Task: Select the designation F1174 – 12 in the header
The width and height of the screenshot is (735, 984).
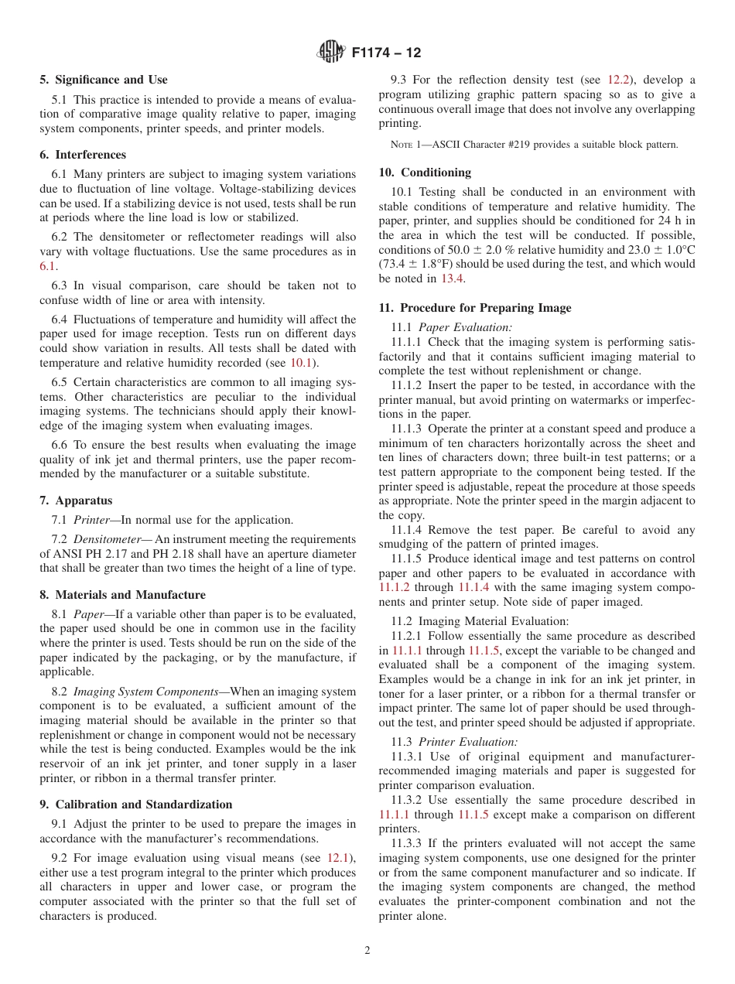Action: (x=386, y=53)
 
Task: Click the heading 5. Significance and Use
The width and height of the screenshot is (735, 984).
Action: (x=104, y=80)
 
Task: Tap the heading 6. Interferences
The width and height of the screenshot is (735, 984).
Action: (x=83, y=155)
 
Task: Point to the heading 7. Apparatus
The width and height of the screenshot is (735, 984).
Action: (x=76, y=501)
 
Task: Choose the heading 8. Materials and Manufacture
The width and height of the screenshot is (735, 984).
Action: (x=122, y=595)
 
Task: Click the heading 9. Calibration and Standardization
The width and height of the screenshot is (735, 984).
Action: (x=135, y=805)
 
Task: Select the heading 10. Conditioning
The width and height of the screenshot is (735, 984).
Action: (x=425, y=172)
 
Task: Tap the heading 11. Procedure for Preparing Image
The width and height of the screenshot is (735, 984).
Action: (x=475, y=308)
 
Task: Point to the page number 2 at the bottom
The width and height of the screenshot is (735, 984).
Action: (x=367, y=951)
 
